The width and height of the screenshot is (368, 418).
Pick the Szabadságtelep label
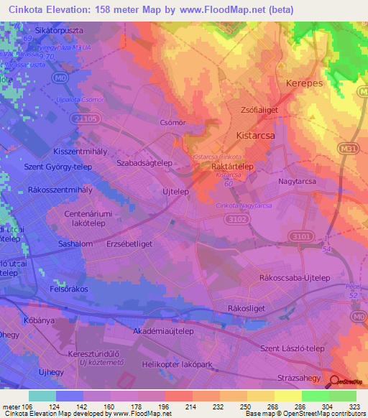pos(144,163)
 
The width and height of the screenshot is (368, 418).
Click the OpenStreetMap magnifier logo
pos(334,381)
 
